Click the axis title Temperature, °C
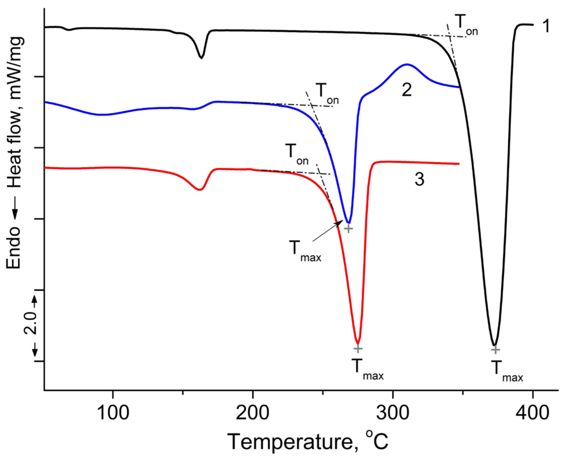point(308,442)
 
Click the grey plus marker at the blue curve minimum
point(348,228)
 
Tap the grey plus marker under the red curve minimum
point(358,349)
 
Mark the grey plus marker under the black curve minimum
point(496,349)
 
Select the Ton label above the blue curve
point(327,94)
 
